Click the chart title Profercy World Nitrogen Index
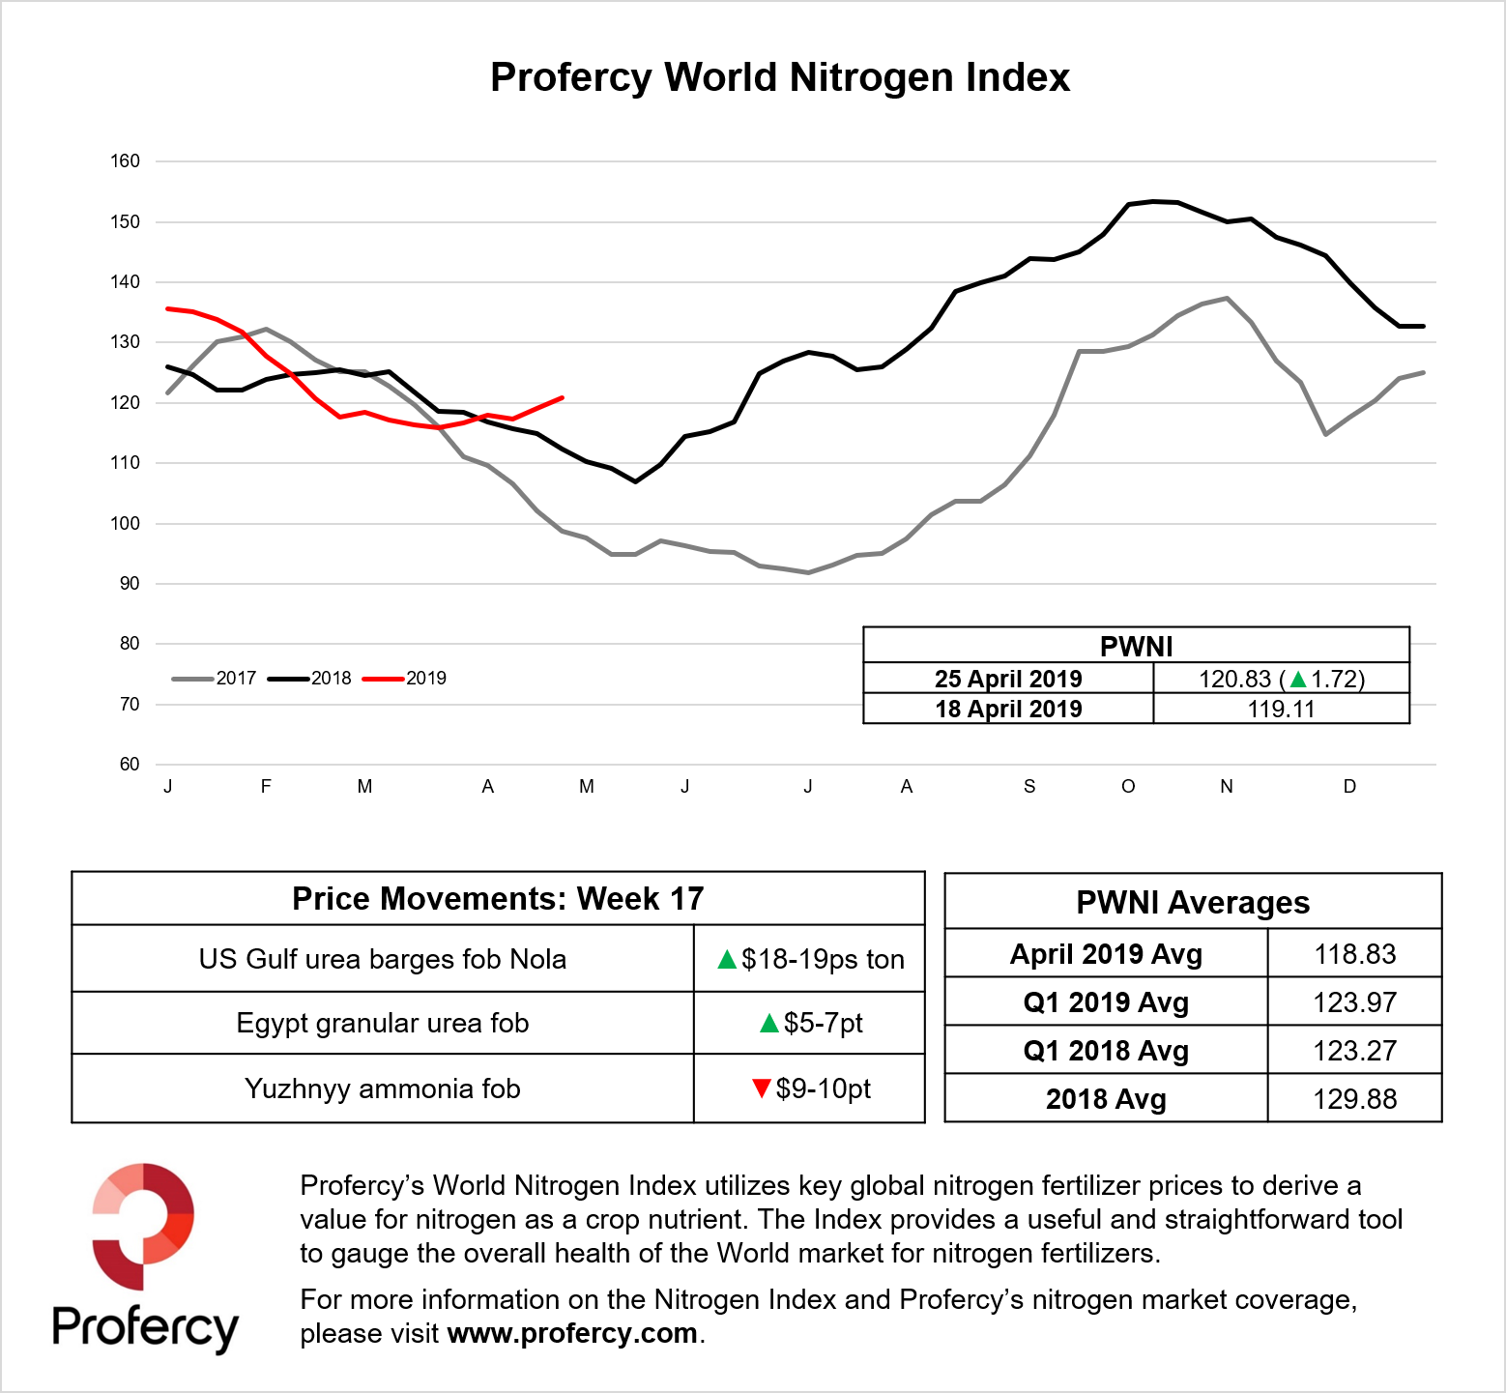(780, 77)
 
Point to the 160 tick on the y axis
(126, 161)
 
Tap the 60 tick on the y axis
(130, 765)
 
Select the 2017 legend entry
(215, 679)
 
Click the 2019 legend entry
(405, 679)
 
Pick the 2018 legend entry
(310, 679)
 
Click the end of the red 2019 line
(563, 397)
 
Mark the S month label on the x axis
(1029, 787)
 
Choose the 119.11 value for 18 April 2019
(1281, 710)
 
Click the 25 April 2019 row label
(1008, 679)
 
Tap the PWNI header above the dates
(1136, 647)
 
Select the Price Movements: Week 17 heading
(498, 899)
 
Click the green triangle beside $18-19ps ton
(727, 960)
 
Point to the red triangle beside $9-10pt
(761, 1088)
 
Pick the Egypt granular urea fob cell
(383, 1023)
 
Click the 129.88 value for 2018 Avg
(1354, 1099)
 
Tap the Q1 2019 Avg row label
(1106, 1002)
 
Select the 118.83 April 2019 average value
(1354, 954)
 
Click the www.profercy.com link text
(572, 1333)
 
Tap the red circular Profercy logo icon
(143, 1226)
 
